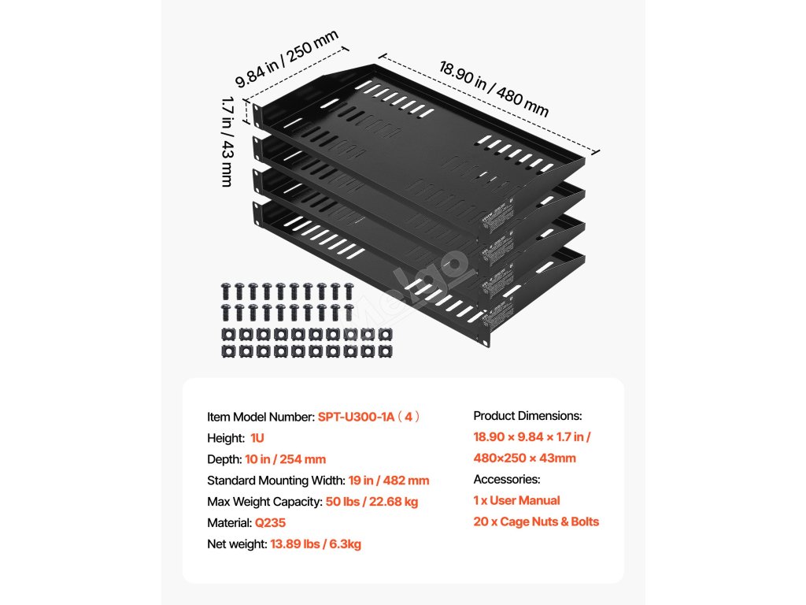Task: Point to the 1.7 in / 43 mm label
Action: pyautogui.click(x=227, y=141)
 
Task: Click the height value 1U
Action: pyautogui.click(x=258, y=438)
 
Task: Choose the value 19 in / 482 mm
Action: pyautogui.click(x=389, y=481)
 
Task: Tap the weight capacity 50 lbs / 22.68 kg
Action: pyautogui.click(x=372, y=502)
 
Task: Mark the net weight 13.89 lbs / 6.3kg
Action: pyautogui.click(x=316, y=544)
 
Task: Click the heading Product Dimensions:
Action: pyautogui.click(x=527, y=416)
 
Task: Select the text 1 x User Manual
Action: pyautogui.click(x=516, y=500)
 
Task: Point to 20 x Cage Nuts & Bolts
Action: pyautogui.click(x=535, y=521)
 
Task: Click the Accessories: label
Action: pyautogui.click(x=507, y=479)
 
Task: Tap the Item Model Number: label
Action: pyautogui.click(x=261, y=417)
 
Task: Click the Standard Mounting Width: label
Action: pyautogui.click(x=275, y=481)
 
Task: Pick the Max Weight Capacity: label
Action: pyautogui.click(x=264, y=502)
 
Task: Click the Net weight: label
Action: pyautogui.click(x=237, y=544)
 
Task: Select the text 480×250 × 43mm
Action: pyautogui.click(x=524, y=458)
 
